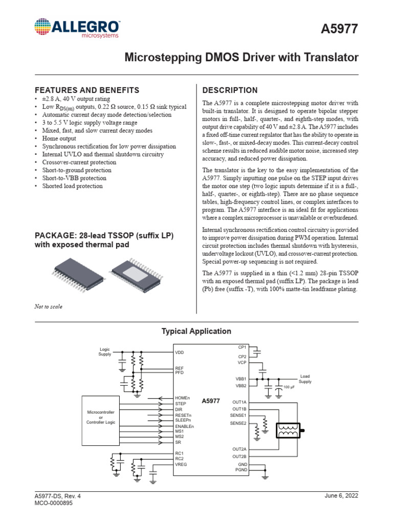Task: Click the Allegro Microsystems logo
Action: point(77,28)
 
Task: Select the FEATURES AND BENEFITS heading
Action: point(86,90)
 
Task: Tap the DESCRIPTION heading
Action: point(230,90)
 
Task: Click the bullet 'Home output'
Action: point(59,138)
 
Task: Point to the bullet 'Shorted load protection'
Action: point(72,186)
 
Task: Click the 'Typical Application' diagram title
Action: point(196,331)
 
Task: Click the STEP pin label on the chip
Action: point(180,404)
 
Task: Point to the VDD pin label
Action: point(179,352)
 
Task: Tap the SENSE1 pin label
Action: point(238,416)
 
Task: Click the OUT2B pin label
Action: point(239,456)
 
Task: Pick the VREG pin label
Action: point(181,465)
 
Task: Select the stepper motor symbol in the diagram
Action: point(291,431)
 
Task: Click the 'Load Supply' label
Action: point(304,379)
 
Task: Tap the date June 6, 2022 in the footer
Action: point(341,496)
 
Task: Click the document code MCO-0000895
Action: point(54,503)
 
